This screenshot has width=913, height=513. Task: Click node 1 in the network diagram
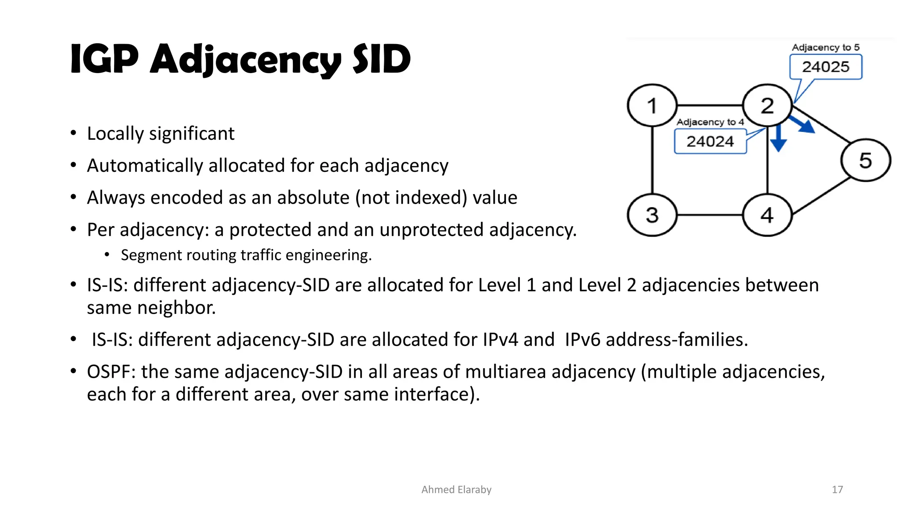tap(652, 106)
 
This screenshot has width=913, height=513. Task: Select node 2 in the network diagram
tap(767, 106)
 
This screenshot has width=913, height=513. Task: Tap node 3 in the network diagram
tap(652, 215)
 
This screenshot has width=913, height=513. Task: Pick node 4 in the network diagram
tap(767, 215)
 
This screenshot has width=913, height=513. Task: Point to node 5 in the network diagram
tap(865, 160)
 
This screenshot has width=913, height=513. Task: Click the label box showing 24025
tap(826, 67)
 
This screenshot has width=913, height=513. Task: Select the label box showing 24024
tap(710, 141)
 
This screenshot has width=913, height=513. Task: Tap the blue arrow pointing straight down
tap(778, 139)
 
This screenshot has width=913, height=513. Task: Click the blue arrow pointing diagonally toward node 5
tap(803, 125)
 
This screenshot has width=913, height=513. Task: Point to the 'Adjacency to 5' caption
tap(826, 47)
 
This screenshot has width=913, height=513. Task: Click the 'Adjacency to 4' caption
tap(710, 122)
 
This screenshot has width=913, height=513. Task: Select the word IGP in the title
tap(104, 59)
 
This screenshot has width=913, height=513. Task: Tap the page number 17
tap(837, 489)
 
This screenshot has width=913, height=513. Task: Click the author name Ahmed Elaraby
tap(456, 489)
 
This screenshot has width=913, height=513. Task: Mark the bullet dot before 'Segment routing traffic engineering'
tap(107, 255)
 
